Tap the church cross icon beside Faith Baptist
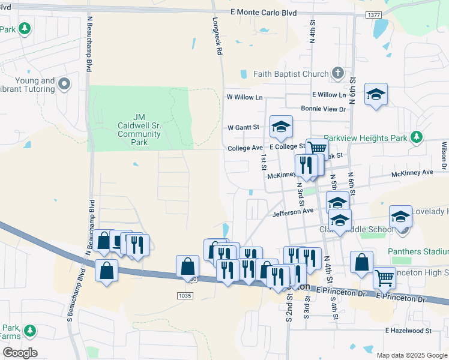338,74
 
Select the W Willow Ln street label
244,97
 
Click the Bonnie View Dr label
324,109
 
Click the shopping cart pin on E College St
317,148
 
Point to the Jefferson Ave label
293,211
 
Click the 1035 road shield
185,296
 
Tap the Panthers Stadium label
417,252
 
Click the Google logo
20,353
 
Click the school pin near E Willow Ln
376,94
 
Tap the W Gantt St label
243,127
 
